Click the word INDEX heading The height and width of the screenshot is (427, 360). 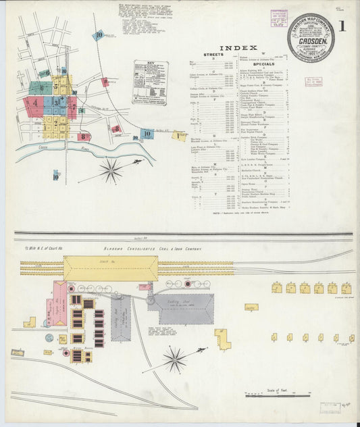coord(238,48)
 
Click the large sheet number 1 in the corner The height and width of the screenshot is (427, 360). coord(343,27)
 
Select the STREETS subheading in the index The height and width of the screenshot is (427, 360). coord(213,54)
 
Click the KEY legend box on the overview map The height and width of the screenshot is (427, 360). coord(149,82)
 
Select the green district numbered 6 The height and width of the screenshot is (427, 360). coord(40,88)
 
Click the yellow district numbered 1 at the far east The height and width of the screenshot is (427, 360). coord(178,136)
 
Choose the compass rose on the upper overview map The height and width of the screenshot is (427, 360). coord(111,169)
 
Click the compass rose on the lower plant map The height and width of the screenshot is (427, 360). coord(175,358)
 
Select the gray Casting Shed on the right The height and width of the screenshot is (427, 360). coord(180,308)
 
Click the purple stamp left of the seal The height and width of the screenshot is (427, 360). coord(278,17)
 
